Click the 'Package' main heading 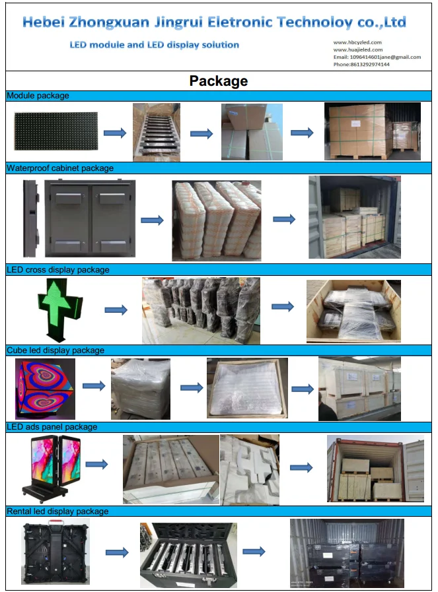click(x=219, y=81)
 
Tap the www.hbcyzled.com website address click(x=357, y=42)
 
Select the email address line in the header click(x=377, y=57)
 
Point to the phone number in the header click(x=361, y=64)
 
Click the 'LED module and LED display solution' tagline click(x=155, y=45)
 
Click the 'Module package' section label click(x=38, y=96)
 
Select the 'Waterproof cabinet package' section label click(x=60, y=168)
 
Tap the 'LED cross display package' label click(x=58, y=269)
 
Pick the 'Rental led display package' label click(x=57, y=511)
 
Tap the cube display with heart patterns click(x=45, y=388)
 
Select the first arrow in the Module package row click(x=114, y=133)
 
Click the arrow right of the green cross click(x=116, y=310)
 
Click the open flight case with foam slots click(x=180, y=554)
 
